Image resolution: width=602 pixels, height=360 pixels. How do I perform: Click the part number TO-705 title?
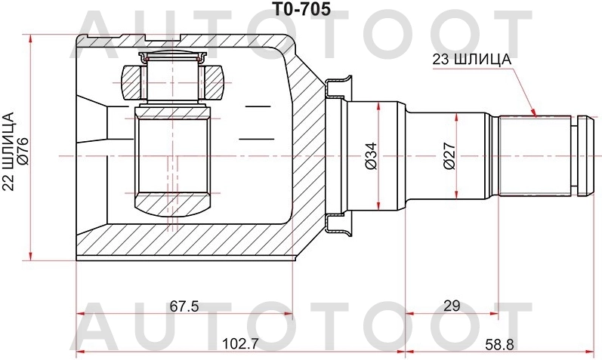coord(301,10)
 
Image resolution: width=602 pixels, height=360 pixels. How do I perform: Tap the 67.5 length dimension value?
coord(184,306)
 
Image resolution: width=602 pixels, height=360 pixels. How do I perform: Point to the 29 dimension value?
coord(452,306)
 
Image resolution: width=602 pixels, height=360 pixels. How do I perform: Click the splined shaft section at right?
coord(536,155)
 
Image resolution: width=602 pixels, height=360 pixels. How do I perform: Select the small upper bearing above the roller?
coord(173,79)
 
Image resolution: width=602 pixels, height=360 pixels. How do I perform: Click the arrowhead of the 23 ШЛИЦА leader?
coord(535,115)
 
